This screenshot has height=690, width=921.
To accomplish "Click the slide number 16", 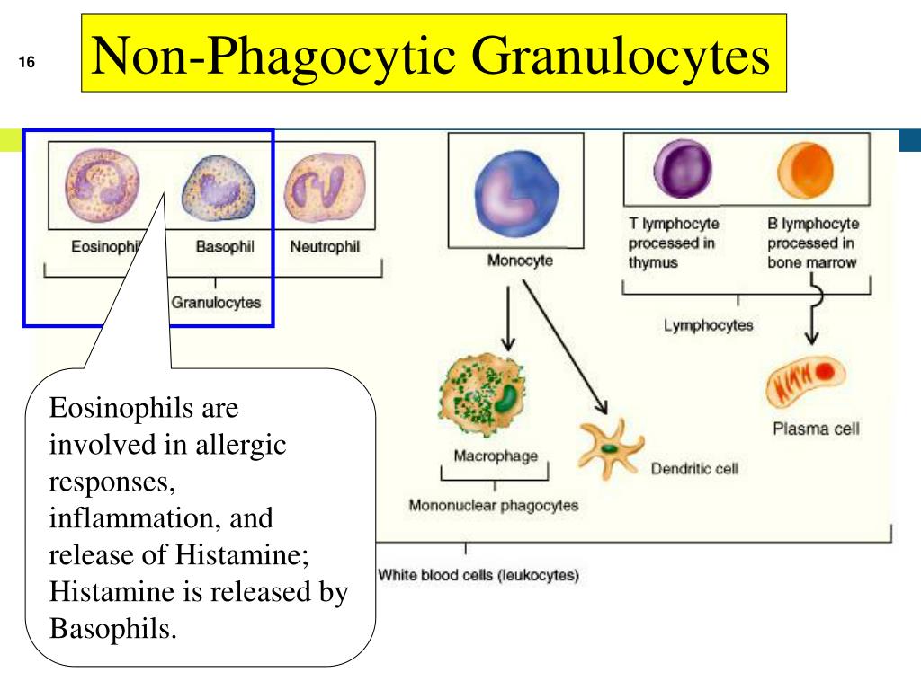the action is pyautogui.click(x=25, y=64).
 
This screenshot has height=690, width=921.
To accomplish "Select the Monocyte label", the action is pyautogui.click(x=520, y=261).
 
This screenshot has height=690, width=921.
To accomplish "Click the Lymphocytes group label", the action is pyautogui.click(x=709, y=325).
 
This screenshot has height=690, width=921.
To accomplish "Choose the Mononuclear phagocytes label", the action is pyautogui.click(x=494, y=505).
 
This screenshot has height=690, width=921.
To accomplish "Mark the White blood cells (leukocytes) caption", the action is pyautogui.click(x=478, y=575).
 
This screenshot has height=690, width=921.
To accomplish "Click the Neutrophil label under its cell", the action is pyautogui.click(x=325, y=247).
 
